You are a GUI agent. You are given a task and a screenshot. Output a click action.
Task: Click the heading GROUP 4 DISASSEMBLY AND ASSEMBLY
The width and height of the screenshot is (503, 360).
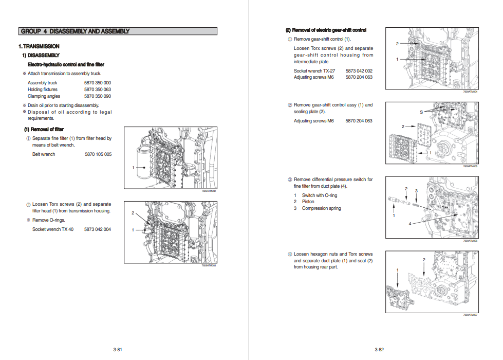pyautogui.click(x=75, y=31)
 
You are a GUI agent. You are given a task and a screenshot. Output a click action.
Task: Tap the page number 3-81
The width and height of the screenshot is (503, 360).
pyautogui.click(x=118, y=350)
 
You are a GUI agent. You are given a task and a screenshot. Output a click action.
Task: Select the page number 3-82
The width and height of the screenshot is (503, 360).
pyautogui.click(x=379, y=350)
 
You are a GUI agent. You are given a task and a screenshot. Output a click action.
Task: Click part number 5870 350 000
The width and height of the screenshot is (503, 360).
pyautogui.click(x=98, y=83)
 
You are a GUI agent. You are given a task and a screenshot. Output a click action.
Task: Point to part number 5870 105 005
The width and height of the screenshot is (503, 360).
pyautogui.click(x=98, y=154)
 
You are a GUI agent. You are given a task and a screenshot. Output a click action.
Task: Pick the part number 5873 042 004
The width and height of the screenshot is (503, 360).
pyautogui.click(x=98, y=229)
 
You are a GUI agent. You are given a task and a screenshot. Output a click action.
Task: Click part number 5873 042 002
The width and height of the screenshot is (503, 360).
pyautogui.click(x=359, y=71)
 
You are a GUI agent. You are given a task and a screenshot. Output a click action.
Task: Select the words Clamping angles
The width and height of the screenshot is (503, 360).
pyautogui.click(x=44, y=96)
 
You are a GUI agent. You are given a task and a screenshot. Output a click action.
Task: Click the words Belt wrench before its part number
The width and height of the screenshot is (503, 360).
pyautogui.click(x=44, y=154)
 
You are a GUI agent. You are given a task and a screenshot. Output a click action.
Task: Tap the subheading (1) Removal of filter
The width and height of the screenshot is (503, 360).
pyautogui.click(x=44, y=129)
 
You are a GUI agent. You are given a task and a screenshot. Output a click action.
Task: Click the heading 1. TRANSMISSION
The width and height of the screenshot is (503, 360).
pyautogui.click(x=39, y=46)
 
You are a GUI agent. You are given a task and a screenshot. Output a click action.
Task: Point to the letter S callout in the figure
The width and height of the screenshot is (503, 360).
pyautogui.click(x=421, y=112)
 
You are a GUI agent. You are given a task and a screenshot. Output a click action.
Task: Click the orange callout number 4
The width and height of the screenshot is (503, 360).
pyautogui.click(x=409, y=224)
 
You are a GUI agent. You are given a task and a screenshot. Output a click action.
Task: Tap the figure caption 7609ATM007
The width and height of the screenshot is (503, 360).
pyautogui.click(x=470, y=315)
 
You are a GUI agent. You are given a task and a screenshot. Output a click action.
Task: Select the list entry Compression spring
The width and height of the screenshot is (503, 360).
pyautogui.click(x=321, y=208)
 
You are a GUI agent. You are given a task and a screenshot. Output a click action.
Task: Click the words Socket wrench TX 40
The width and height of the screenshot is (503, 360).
pyautogui.click(x=53, y=229)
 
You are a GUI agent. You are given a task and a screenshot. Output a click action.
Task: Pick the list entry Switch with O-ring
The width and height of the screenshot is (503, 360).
pyautogui.click(x=320, y=195)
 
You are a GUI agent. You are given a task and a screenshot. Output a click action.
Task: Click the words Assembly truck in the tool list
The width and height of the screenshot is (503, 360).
pyautogui.click(x=43, y=83)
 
